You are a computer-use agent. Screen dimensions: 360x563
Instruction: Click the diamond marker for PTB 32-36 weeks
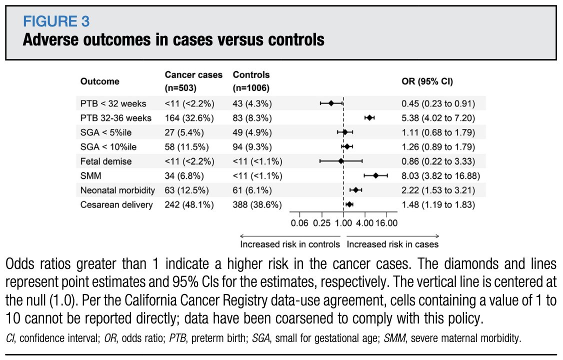tap(369, 117)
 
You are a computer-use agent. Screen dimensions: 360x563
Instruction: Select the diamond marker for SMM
tap(375, 175)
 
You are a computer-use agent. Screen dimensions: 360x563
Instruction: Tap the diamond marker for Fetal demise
tap(341, 161)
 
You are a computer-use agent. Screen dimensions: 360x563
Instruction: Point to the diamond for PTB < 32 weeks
tap(331, 103)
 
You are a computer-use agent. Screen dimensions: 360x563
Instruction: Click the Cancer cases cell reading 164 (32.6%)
tap(189, 118)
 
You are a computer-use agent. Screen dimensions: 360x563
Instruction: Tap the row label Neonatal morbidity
tap(117, 190)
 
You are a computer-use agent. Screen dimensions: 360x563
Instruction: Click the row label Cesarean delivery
tap(115, 204)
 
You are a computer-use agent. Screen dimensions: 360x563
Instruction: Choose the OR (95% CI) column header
tap(427, 81)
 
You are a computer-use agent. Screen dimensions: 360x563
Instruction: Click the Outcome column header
tap(100, 81)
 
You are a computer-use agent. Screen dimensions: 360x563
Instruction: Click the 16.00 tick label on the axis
tap(386, 223)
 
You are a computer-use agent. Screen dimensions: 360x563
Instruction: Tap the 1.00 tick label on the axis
tap(343, 223)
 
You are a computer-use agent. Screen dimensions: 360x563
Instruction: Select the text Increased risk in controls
tap(290, 244)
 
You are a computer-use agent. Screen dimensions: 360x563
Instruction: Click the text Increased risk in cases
tap(392, 244)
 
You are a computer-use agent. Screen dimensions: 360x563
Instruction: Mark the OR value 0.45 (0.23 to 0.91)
tap(438, 103)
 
